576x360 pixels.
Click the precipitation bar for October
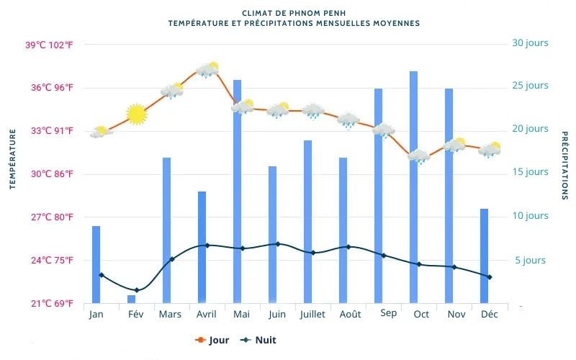point(414,187)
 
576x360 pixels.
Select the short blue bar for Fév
point(131,299)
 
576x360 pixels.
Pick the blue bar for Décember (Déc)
point(485,256)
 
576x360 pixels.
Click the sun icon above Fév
point(136,114)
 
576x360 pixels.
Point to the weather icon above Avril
point(207,70)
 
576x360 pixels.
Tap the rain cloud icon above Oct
point(418,156)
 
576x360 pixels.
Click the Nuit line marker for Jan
point(101,275)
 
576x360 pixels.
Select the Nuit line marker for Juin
point(278,244)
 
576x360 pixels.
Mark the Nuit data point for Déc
point(490,277)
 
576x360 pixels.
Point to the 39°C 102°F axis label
point(49,45)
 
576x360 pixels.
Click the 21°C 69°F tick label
point(50,304)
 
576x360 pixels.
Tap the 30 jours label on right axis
point(530,43)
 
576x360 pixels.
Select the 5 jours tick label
point(529,261)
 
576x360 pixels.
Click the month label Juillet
point(312,315)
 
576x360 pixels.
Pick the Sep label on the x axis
point(388,313)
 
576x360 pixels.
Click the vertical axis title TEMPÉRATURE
point(13,160)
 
